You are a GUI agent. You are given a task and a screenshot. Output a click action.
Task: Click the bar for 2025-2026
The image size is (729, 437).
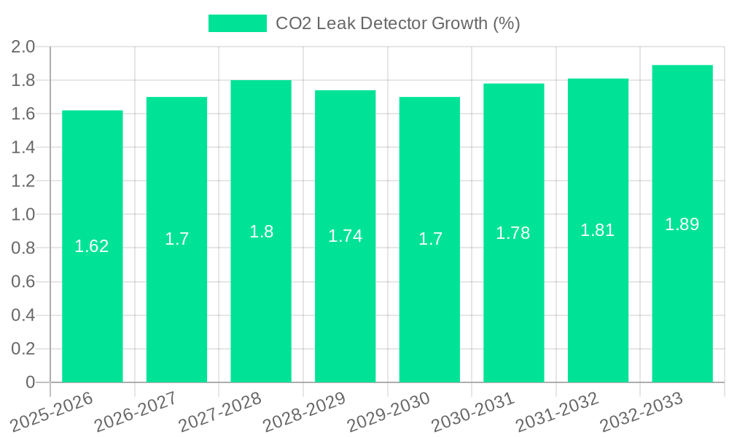(92, 291)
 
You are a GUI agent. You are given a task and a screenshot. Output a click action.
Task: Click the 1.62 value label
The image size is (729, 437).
(92, 246)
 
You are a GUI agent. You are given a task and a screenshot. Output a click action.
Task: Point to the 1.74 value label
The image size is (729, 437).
(345, 236)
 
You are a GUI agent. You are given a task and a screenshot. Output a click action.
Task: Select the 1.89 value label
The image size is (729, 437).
(682, 224)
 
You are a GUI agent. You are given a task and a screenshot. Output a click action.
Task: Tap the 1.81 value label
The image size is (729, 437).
(598, 231)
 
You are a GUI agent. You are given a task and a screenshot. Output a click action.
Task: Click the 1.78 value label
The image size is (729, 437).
(513, 233)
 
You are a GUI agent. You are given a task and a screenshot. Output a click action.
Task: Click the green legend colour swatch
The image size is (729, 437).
(238, 23)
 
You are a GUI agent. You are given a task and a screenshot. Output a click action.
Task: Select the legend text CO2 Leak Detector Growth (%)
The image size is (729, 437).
(397, 23)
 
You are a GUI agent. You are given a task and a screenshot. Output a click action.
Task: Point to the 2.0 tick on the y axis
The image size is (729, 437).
(24, 47)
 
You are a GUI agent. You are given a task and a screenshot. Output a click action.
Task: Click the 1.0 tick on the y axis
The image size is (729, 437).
(24, 215)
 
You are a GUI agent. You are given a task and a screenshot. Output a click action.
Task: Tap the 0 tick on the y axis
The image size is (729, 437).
(31, 382)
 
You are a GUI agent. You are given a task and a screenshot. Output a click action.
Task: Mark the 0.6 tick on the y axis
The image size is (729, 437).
(24, 282)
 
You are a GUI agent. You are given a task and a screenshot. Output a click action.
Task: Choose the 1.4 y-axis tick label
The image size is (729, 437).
(24, 148)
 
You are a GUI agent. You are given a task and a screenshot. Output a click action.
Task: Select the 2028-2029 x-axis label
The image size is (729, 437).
(303, 411)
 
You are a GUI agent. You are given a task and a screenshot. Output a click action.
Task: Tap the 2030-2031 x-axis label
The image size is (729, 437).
(472, 411)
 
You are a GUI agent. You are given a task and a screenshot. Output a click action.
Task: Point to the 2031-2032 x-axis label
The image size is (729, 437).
(556, 411)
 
